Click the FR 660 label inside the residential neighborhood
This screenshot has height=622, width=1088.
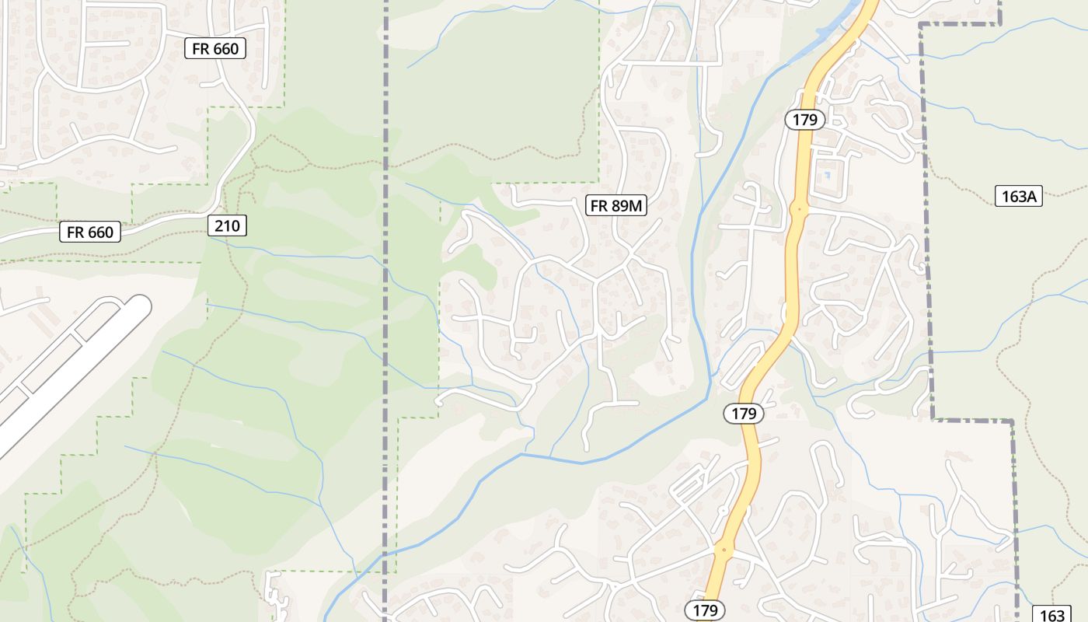(215, 48)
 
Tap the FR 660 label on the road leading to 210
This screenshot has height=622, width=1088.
(90, 232)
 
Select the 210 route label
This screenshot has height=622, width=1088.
(228, 226)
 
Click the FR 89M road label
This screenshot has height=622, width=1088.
(616, 205)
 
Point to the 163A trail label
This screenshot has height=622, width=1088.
(1018, 197)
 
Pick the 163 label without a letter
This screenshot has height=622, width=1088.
(1052, 615)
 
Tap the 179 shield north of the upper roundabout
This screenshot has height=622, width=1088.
(804, 120)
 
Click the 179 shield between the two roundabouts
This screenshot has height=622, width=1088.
(744, 414)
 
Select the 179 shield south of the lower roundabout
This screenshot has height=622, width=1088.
(705, 610)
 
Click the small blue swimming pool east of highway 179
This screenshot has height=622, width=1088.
(827, 175)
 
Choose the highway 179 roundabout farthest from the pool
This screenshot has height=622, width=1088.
(724, 550)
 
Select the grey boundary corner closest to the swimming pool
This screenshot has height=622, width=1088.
(921, 25)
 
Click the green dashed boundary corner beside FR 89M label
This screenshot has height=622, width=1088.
(599, 184)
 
